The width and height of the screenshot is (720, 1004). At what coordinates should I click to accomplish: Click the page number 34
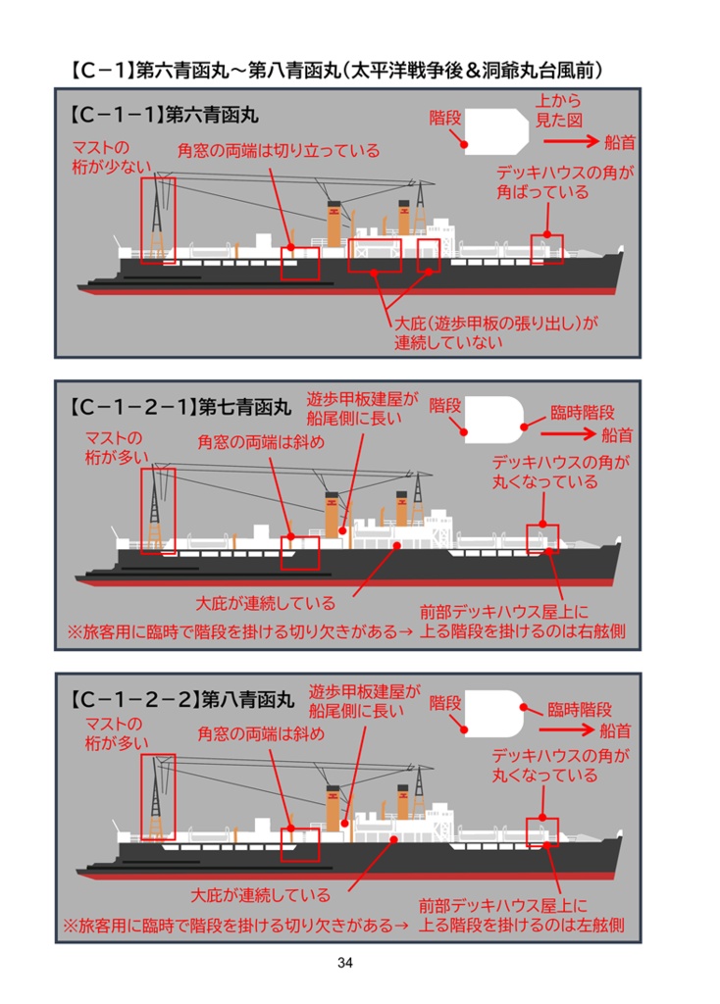(344, 962)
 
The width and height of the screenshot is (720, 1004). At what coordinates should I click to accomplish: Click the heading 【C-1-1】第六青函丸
(162, 114)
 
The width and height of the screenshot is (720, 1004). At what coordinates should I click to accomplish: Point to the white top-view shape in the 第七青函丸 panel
(491, 416)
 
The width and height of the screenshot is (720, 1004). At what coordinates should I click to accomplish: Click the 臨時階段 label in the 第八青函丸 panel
(580, 709)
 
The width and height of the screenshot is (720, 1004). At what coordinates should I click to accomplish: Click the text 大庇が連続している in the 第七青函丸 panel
(264, 602)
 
